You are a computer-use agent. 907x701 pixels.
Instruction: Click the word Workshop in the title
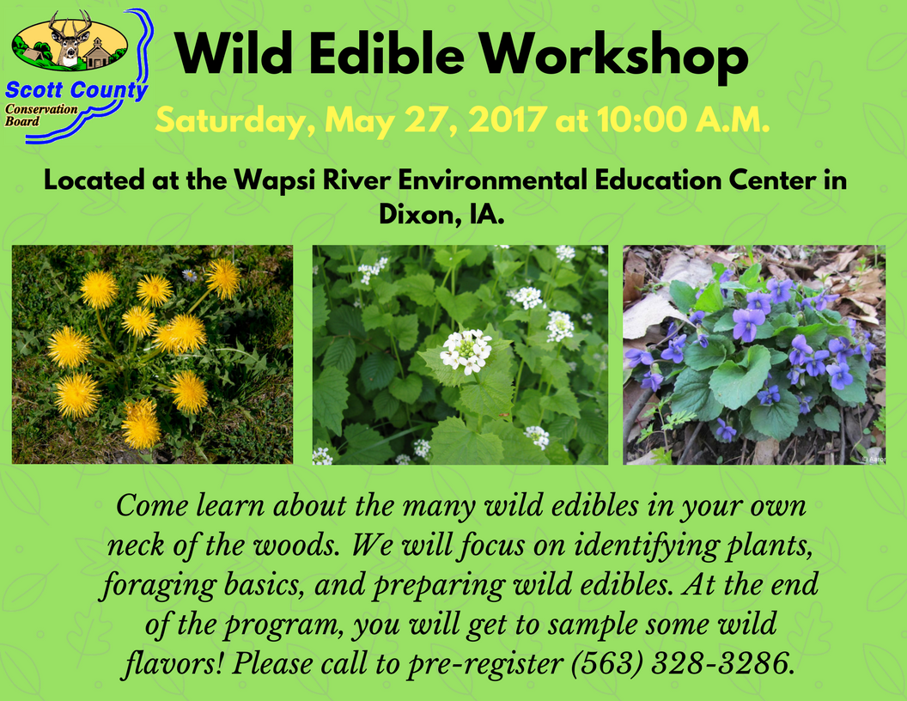(614, 56)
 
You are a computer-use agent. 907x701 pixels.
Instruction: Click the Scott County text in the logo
(76, 90)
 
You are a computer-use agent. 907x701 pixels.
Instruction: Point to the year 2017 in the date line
(508, 119)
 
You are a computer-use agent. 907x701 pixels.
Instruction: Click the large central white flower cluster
(466, 350)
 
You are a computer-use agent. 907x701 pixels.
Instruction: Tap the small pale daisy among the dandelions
(189, 275)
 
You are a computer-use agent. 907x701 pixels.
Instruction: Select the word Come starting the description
(152, 505)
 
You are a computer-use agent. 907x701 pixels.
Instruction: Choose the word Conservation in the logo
(41, 109)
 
